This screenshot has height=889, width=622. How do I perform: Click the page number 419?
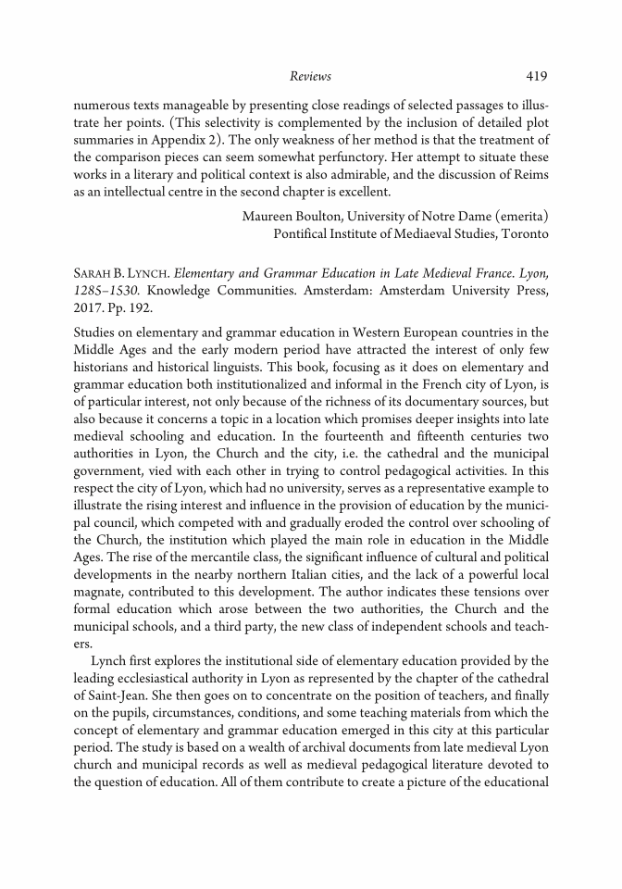(537, 76)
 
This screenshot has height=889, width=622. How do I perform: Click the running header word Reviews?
(310, 76)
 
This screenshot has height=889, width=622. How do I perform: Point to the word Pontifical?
(306, 233)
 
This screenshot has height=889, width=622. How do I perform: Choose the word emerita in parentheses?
(516, 217)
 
